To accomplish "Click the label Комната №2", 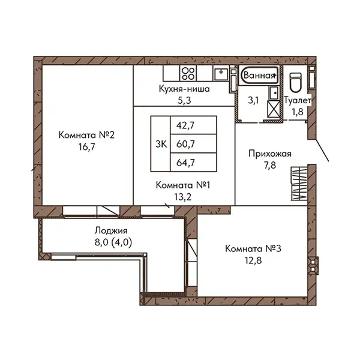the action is click(86, 135).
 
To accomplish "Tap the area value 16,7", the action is click(86, 147).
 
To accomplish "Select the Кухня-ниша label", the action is click(184, 89).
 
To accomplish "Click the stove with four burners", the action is click(188, 73).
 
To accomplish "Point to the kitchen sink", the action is click(221, 73).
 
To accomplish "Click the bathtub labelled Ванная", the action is click(259, 75).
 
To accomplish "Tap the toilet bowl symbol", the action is click(295, 82).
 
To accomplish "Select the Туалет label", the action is click(298, 100).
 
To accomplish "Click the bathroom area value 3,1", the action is click(253, 100).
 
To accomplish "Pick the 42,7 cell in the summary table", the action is click(193, 125).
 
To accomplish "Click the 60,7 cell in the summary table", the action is click(193, 144).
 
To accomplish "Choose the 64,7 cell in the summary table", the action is click(193, 163).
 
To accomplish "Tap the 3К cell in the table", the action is click(160, 144).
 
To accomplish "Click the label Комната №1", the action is click(183, 185).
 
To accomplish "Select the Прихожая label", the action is click(270, 154).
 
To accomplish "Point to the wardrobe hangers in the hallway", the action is click(299, 184).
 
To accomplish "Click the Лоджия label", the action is click(111, 230).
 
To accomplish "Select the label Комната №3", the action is click(253, 248).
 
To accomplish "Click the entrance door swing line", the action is click(322, 150).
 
